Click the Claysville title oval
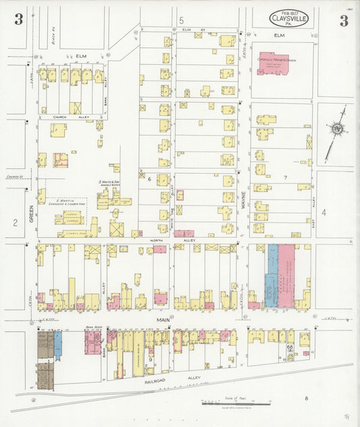click(289, 19)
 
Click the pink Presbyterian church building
click(272, 64)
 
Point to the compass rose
click(336, 129)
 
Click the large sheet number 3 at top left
click(18, 20)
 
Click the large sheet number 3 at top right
click(344, 20)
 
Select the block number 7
click(286, 178)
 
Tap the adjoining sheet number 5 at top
click(181, 20)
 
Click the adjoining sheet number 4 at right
click(324, 212)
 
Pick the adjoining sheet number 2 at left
click(14, 222)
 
